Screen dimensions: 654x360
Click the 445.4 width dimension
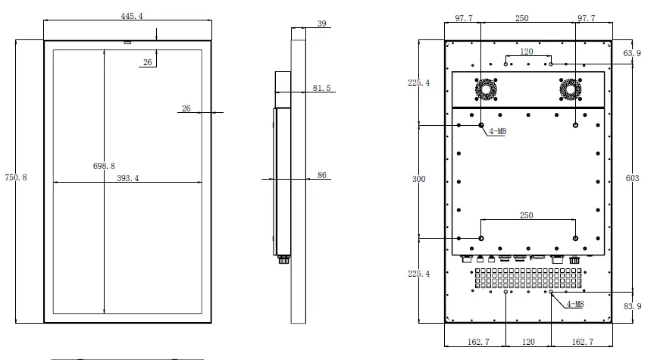pyautogui.click(x=132, y=16)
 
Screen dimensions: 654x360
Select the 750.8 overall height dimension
pyautogui.click(x=16, y=177)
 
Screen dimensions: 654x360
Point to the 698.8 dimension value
pyautogui.click(x=104, y=166)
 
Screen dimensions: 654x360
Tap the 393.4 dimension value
pyautogui.click(x=127, y=178)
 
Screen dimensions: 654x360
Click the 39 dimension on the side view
pyautogui.click(x=321, y=23)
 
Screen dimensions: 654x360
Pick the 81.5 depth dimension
pyautogui.click(x=321, y=88)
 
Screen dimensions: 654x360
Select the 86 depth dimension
pyautogui.click(x=321, y=175)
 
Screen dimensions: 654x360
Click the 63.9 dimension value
pyautogui.click(x=632, y=53)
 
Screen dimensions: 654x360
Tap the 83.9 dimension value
pyautogui.click(x=632, y=306)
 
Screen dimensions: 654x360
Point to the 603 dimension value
pyautogui.click(x=632, y=178)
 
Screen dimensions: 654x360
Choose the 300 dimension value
pyautogui.click(x=419, y=179)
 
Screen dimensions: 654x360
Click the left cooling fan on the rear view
pyautogui.click(x=486, y=89)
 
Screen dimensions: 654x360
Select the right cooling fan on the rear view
pyautogui.click(x=570, y=89)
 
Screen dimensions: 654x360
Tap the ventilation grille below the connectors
pyautogui.click(x=528, y=278)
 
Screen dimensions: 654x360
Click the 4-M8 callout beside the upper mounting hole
pyautogui.click(x=498, y=131)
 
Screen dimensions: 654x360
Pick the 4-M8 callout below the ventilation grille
pyautogui.click(x=574, y=304)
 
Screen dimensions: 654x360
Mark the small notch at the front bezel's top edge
pyautogui.click(x=127, y=42)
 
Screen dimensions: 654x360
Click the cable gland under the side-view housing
pyautogui.click(x=284, y=259)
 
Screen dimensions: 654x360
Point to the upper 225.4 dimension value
pyautogui.click(x=419, y=83)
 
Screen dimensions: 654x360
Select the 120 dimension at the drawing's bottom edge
pyautogui.click(x=528, y=342)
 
